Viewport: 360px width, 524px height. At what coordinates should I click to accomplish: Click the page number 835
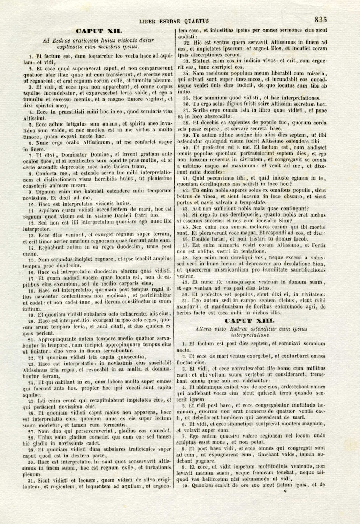(320, 20)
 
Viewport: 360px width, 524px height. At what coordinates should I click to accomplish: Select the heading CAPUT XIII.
(250, 321)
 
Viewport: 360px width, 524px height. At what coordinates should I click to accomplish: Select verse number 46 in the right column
(185, 239)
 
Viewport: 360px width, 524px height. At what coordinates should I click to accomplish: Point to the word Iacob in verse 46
(300, 239)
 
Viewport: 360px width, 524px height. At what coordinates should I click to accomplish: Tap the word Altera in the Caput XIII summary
(203, 329)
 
